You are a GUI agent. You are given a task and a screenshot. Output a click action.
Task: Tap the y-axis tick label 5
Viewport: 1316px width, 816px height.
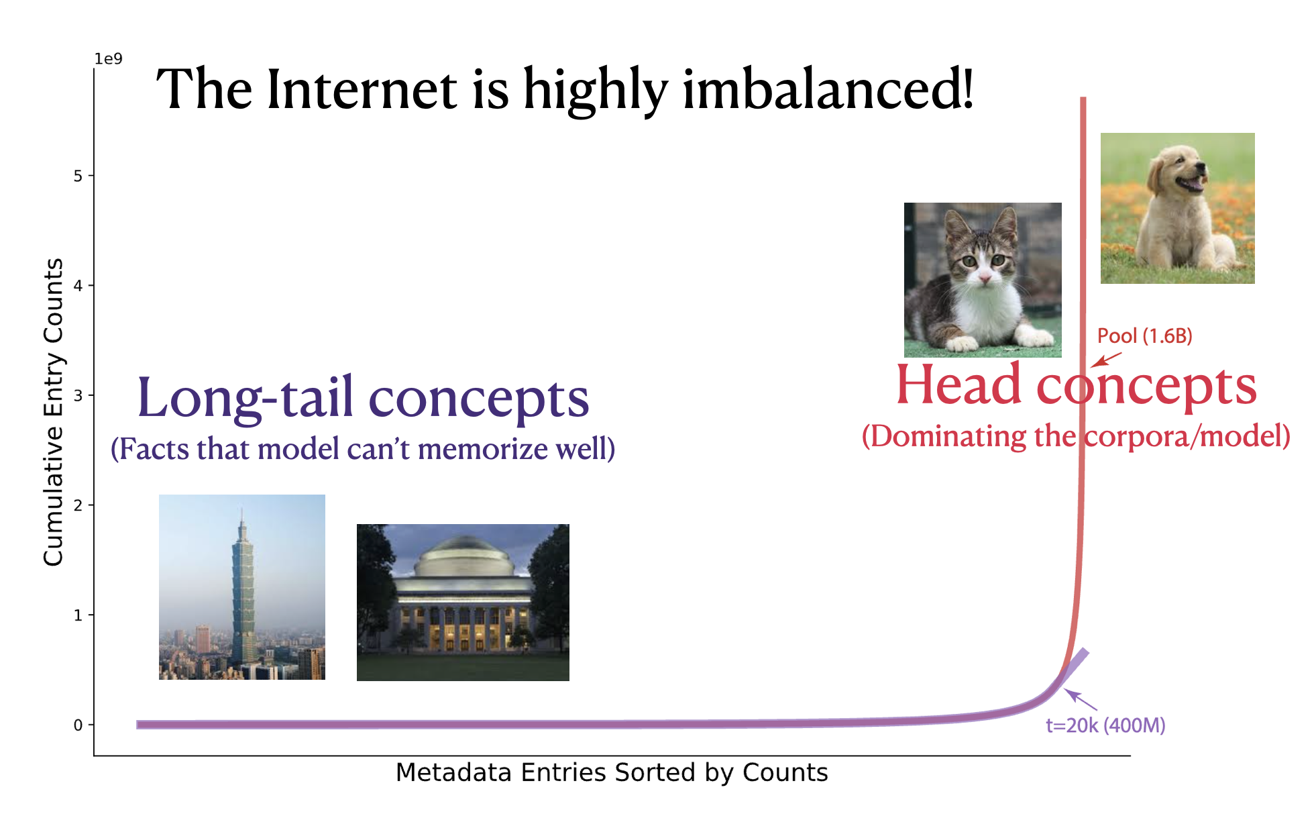(x=78, y=176)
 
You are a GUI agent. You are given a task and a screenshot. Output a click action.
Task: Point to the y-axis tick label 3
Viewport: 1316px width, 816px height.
(x=78, y=395)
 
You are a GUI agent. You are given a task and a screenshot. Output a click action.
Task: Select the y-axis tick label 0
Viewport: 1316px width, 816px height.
(x=78, y=725)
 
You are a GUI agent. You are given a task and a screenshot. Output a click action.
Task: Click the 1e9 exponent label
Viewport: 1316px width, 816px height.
(x=108, y=59)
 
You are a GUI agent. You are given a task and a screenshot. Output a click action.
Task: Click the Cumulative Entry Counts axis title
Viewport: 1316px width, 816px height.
(x=54, y=412)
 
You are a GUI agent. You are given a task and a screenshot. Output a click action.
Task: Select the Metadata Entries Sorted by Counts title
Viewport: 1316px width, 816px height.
(x=611, y=772)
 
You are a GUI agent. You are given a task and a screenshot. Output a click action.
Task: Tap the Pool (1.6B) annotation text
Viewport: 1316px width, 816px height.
(x=1144, y=336)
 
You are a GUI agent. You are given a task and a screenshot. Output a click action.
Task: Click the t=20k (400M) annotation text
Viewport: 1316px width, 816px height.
(x=1105, y=725)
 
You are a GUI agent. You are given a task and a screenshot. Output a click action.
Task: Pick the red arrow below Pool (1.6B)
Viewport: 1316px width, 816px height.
(x=1106, y=360)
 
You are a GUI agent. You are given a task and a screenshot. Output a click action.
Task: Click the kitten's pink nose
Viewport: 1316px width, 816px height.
(x=984, y=276)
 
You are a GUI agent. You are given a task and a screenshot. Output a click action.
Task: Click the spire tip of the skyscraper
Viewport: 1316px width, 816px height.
(x=242, y=513)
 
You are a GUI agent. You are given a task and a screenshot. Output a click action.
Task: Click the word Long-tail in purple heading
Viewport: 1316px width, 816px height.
(x=245, y=398)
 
